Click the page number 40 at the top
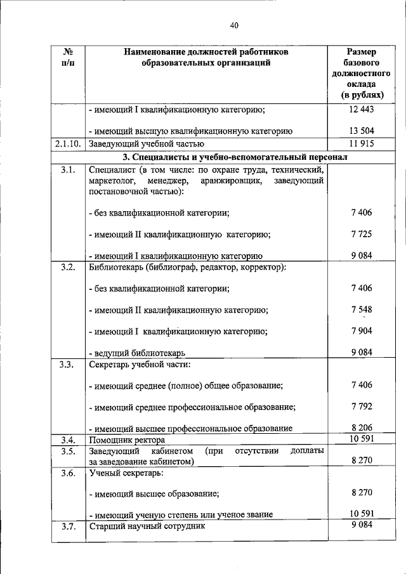(234, 25)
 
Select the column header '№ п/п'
(67, 56)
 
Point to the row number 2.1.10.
(67, 143)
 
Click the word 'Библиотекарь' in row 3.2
(115, 267)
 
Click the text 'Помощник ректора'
(127, 440)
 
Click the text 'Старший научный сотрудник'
(147, 526)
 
